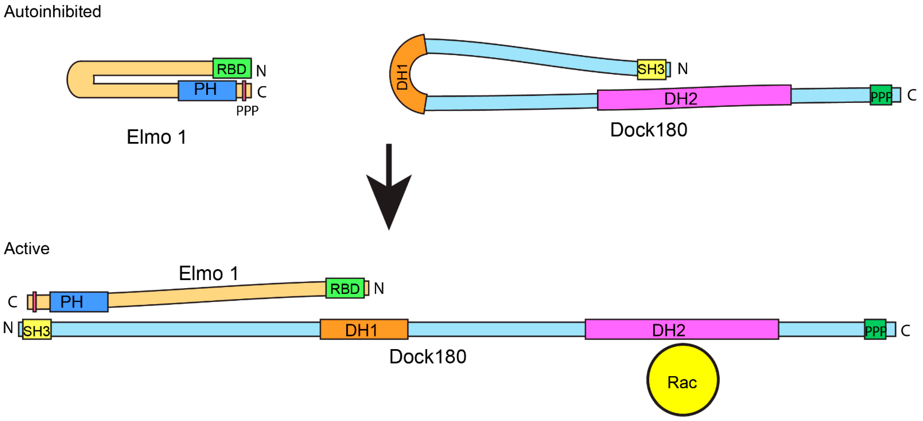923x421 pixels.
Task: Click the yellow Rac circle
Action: (x=683, y=380)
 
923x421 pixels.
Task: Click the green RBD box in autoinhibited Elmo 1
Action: (x=232, y=68)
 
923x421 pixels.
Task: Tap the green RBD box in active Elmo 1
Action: (x=345, y=288)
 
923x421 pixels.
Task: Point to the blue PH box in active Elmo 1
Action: (x=79, y=302)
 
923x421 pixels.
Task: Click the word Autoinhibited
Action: (x=53, y=11)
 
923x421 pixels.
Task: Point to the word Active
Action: (x=27, y=248)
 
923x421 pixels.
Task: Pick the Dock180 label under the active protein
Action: (x=428, y=357)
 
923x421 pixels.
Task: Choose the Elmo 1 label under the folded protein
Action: (x=157, y=137)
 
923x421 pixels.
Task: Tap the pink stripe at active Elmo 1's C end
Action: (x=34, y=302)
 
